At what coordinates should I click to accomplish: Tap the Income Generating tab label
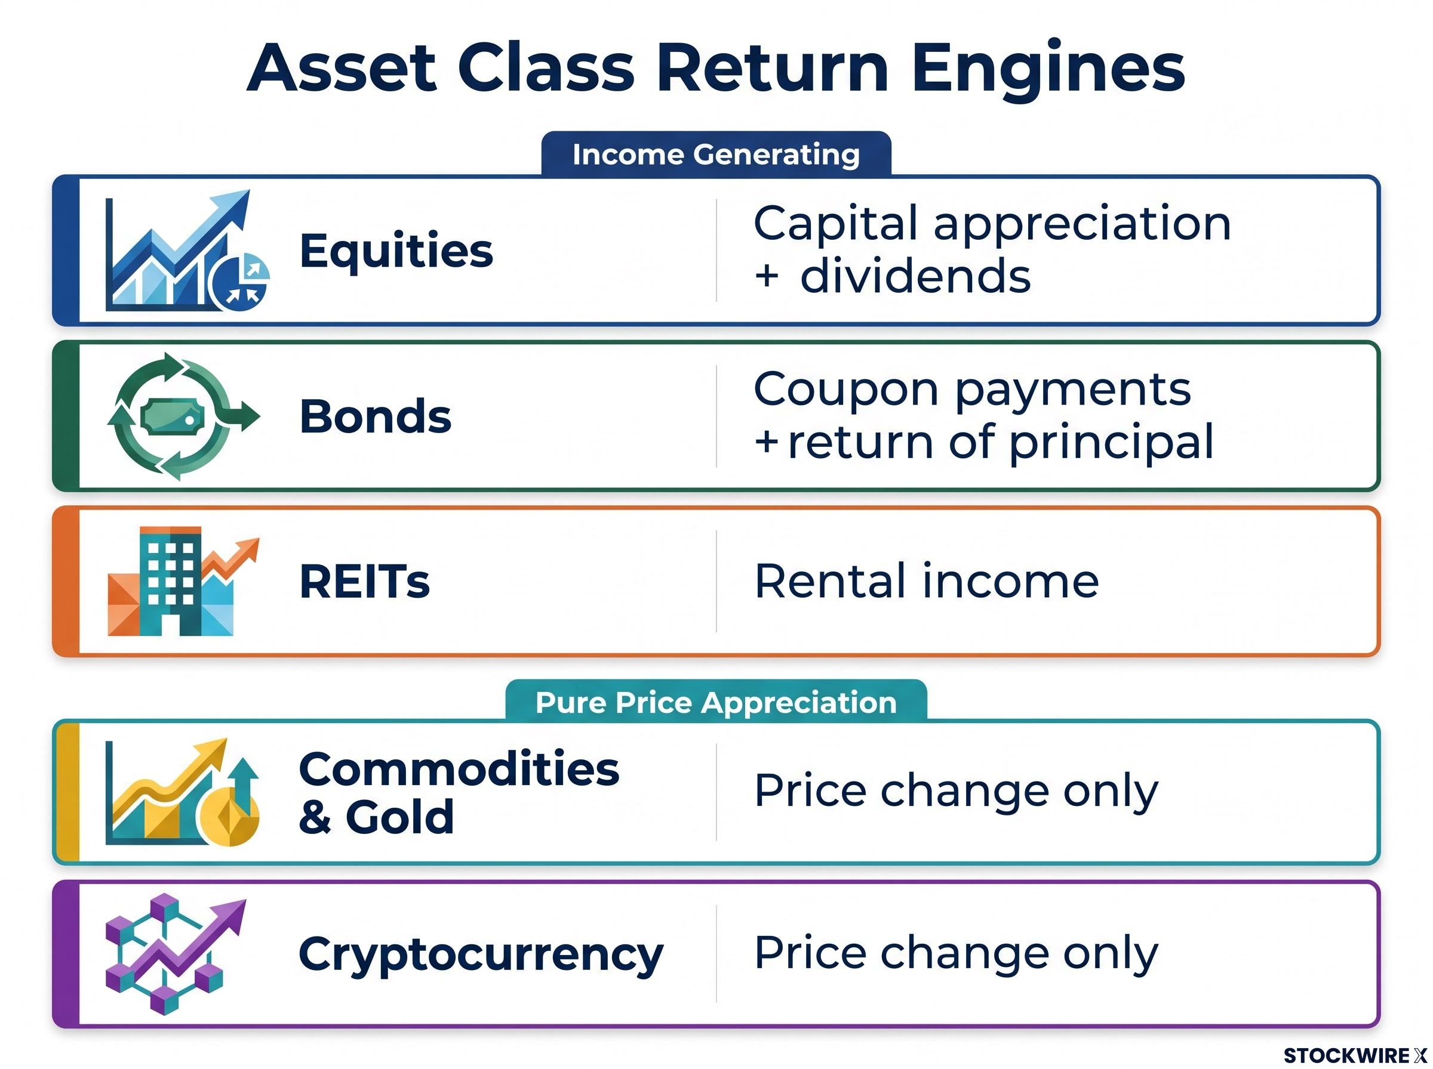point(715,155)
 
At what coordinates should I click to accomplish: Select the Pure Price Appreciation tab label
point(715,703)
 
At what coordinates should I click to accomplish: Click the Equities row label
point(396,251)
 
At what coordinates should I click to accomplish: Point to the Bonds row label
point(375,416)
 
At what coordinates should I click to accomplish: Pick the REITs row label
point(365,581)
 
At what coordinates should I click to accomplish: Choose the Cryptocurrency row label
point(481,955)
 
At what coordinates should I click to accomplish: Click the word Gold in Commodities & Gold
point(399,817)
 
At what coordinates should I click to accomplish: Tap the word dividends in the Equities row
point(915,276)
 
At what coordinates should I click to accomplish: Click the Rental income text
point(927,581)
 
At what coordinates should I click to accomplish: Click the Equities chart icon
point(186,251)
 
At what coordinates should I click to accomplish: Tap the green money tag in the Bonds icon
point(172,417)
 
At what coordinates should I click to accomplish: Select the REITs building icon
point(183,581)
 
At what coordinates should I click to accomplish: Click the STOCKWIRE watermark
point(1355,1055)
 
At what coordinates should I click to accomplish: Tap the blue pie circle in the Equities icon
point(239,282)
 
